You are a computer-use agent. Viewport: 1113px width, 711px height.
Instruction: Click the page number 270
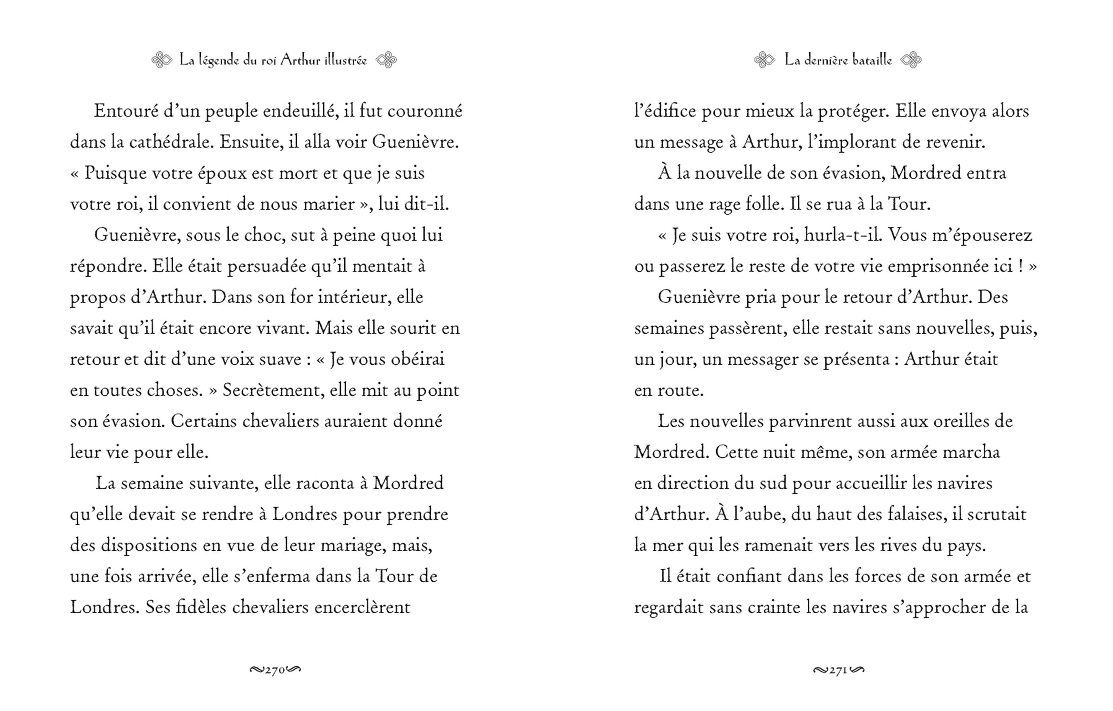click(275, 670)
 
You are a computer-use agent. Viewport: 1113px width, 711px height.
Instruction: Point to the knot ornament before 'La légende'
click(162, 60)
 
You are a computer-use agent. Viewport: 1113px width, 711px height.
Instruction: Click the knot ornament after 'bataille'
click(911, 60)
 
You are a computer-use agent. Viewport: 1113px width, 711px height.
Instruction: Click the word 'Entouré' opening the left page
click(120, 111)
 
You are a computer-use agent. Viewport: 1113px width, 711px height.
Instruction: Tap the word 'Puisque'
click(115, 173)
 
